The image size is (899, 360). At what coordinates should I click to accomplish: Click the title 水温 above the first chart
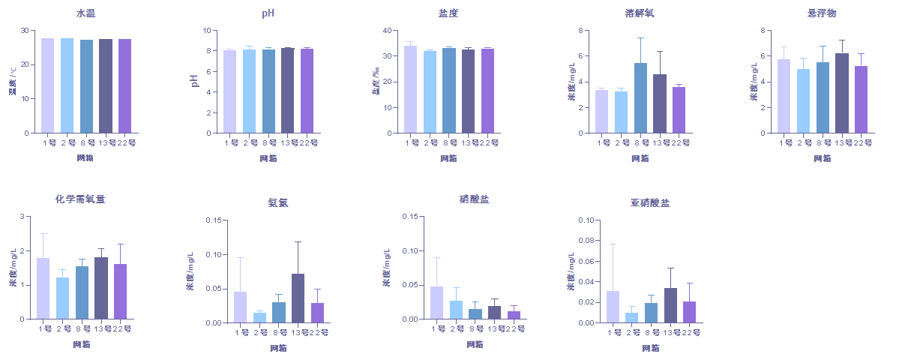pyautogui.click(x=85, y=13)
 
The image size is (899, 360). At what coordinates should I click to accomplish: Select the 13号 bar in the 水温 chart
pyautogui.click(x=105, y=85)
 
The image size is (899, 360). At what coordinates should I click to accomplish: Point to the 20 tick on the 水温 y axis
pyautogui.click(x=25, y=64)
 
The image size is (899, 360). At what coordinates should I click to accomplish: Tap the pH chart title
pyautogui.click(x=267, y=13)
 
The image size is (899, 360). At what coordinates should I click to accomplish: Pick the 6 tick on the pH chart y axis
pyautogui.click(x=208, y=71)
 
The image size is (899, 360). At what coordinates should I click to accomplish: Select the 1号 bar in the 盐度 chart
pyautogui.click(x=410, y=89)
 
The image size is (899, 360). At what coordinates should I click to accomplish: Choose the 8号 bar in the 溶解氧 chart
pyautogui.click(x=640, y=98)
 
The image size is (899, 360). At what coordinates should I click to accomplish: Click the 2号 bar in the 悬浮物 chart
pyautogui.click(x=803, y=101)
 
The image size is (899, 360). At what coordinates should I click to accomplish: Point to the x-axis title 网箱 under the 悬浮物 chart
pyautogui.click(x=822, y=158)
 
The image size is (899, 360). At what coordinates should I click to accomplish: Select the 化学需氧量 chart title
pyautogui.click(x=80, y=199)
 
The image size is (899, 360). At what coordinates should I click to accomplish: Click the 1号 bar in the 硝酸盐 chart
pyautogui.click(x=436, y=303)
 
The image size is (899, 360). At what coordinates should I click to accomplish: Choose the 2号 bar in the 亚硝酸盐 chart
pyautogui.click(x=632, y=318)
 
